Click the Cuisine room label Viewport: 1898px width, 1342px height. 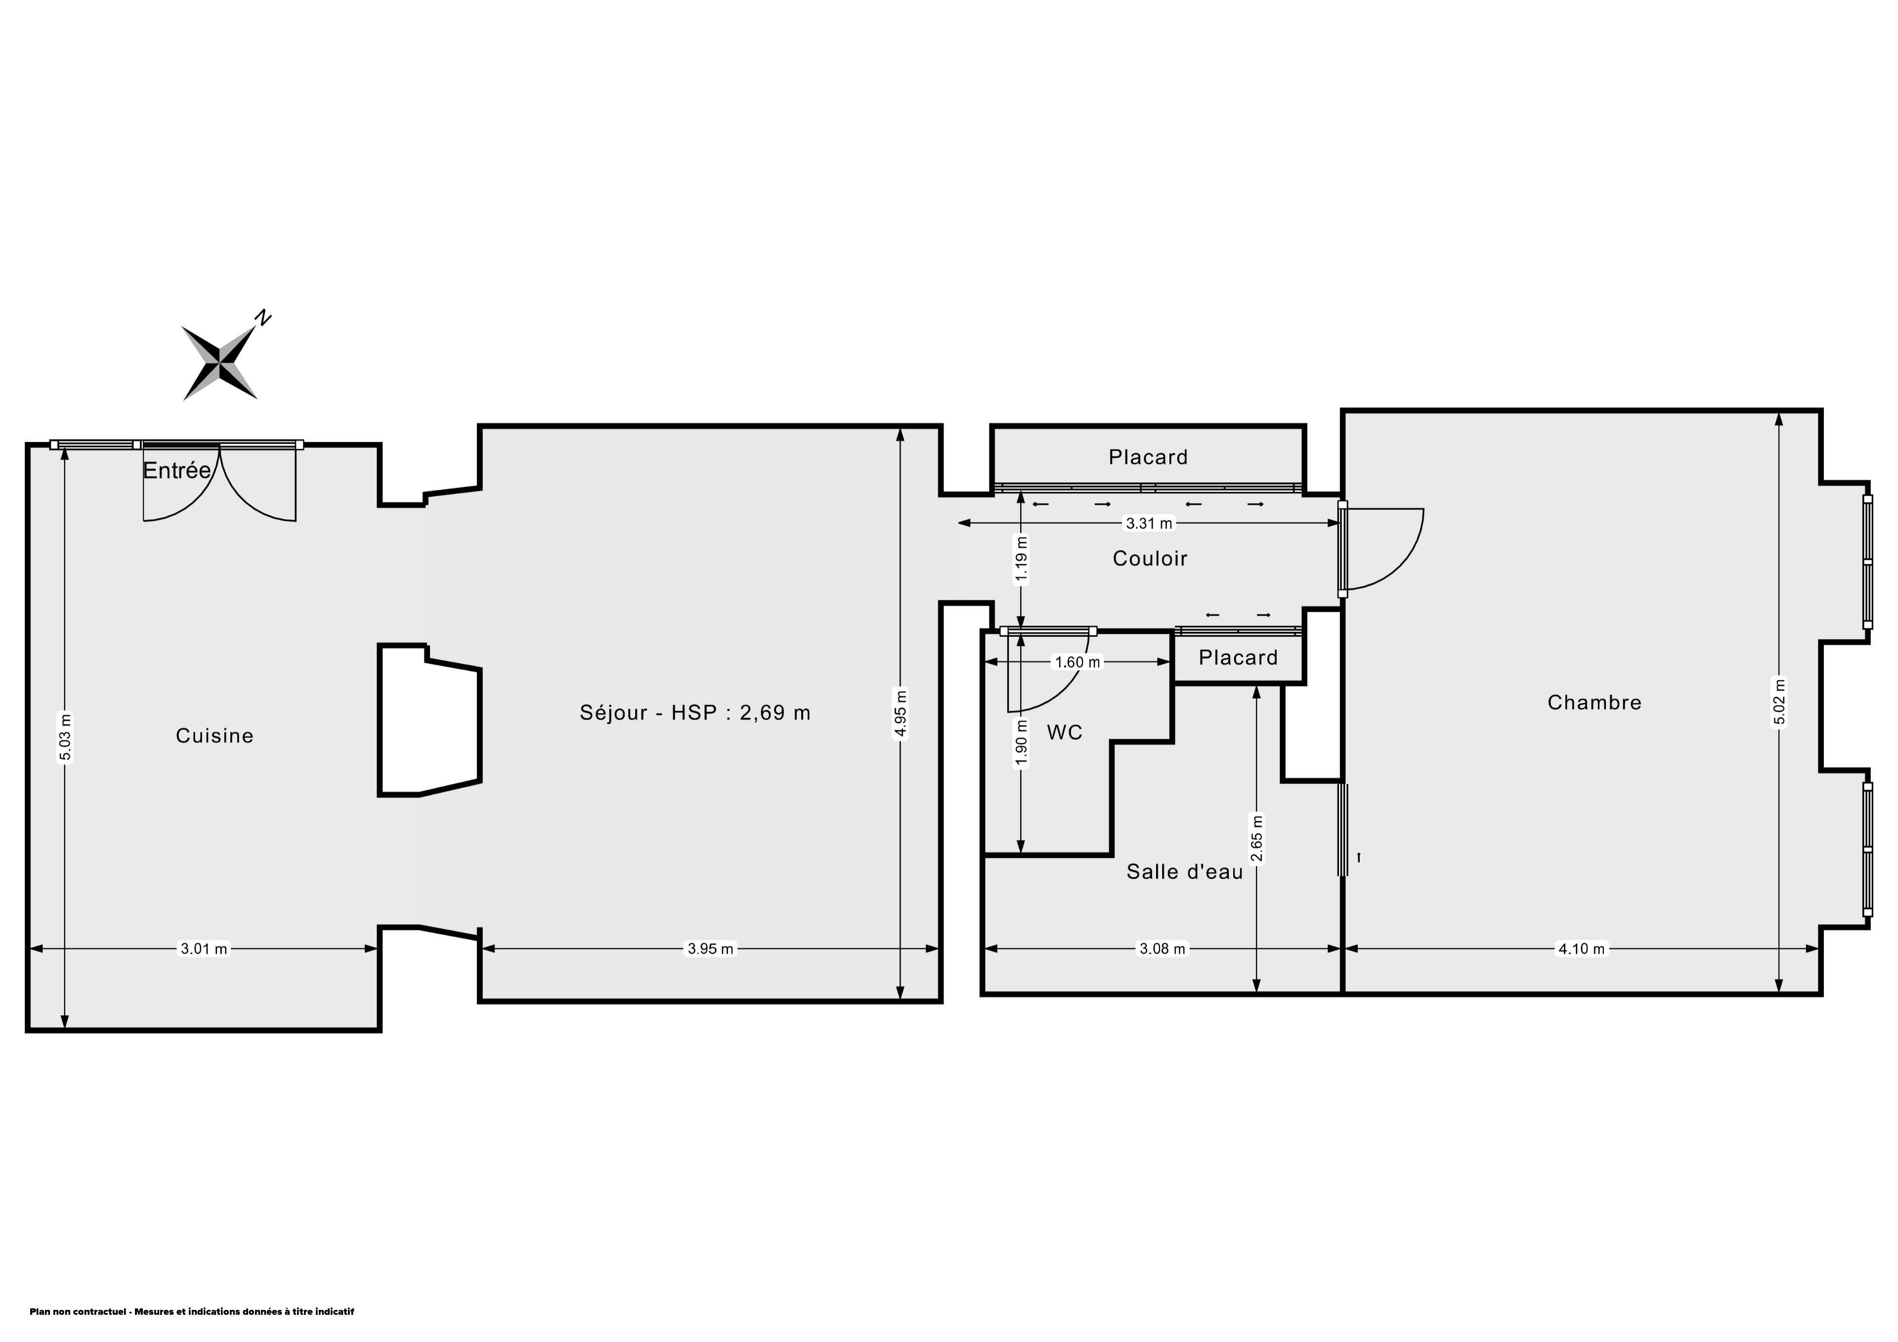pyautogui.click(x=214, y=736)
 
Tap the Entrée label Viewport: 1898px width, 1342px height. pyautogui.click(x=177, y=471)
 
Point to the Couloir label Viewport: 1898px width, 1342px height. pyautogui.click(x=1150, y=559)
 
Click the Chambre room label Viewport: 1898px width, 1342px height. pyautogui.click(x=1595, y=703)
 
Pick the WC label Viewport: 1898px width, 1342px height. pyautogui.click(x=1065, y=733)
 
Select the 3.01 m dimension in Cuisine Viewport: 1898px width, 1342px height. pyautogui.click(x=204, y=949)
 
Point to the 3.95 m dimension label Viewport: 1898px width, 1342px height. pyautogui.click(x=711, y=949)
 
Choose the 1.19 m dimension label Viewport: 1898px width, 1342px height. pyautogui.click(x=1022, y=561)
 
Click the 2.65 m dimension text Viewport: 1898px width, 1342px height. pyautogui.click(x=1257, y=838)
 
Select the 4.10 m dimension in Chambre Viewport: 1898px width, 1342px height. pyautogui.click(x=1581, y=949)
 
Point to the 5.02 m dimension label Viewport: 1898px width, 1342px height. pyautogui.click(x=1780, y=701)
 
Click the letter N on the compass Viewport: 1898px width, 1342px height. pyautogui.click(x=263, y=317)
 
